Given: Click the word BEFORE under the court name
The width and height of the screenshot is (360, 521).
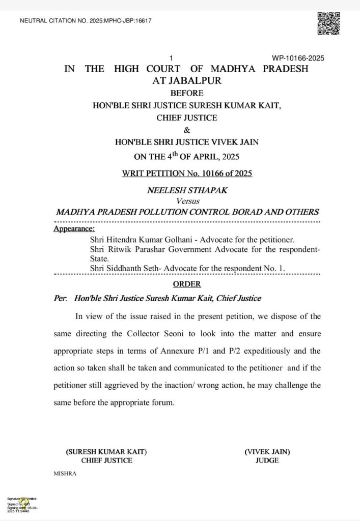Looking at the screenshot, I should [x=186, y=93].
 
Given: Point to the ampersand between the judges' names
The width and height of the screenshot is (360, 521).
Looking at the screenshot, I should [x=186, y=130].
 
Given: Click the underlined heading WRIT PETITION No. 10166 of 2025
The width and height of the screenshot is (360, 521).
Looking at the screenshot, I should [x=187, y=173].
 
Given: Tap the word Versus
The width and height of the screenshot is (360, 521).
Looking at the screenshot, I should [x=186, y=201].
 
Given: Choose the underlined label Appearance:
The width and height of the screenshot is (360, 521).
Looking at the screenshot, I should [x=74, y=229].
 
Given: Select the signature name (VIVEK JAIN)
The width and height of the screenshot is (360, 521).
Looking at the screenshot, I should [x=267, y=451].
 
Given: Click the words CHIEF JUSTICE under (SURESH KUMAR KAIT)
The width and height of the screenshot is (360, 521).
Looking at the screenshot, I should [x=106, y=460].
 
